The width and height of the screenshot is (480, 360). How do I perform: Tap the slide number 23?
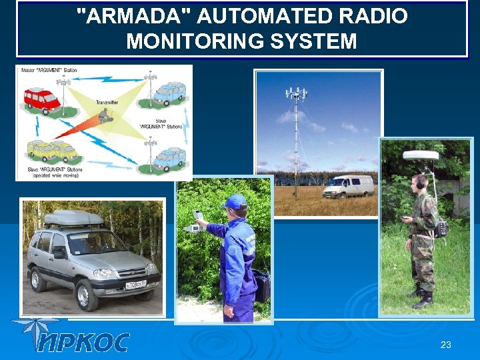[x=446, y=345]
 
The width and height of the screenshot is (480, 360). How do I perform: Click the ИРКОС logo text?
[x=83, y=342]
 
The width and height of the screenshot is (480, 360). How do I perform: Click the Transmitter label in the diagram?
[x=106, y=102]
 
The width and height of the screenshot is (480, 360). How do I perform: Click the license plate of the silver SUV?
[x=137, y=285]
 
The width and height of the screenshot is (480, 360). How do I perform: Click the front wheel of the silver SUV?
[x=87, y=294]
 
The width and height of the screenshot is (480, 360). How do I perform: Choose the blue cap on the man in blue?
[x=235, y=201]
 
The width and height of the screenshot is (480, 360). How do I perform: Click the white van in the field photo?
[x=348, y=187]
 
